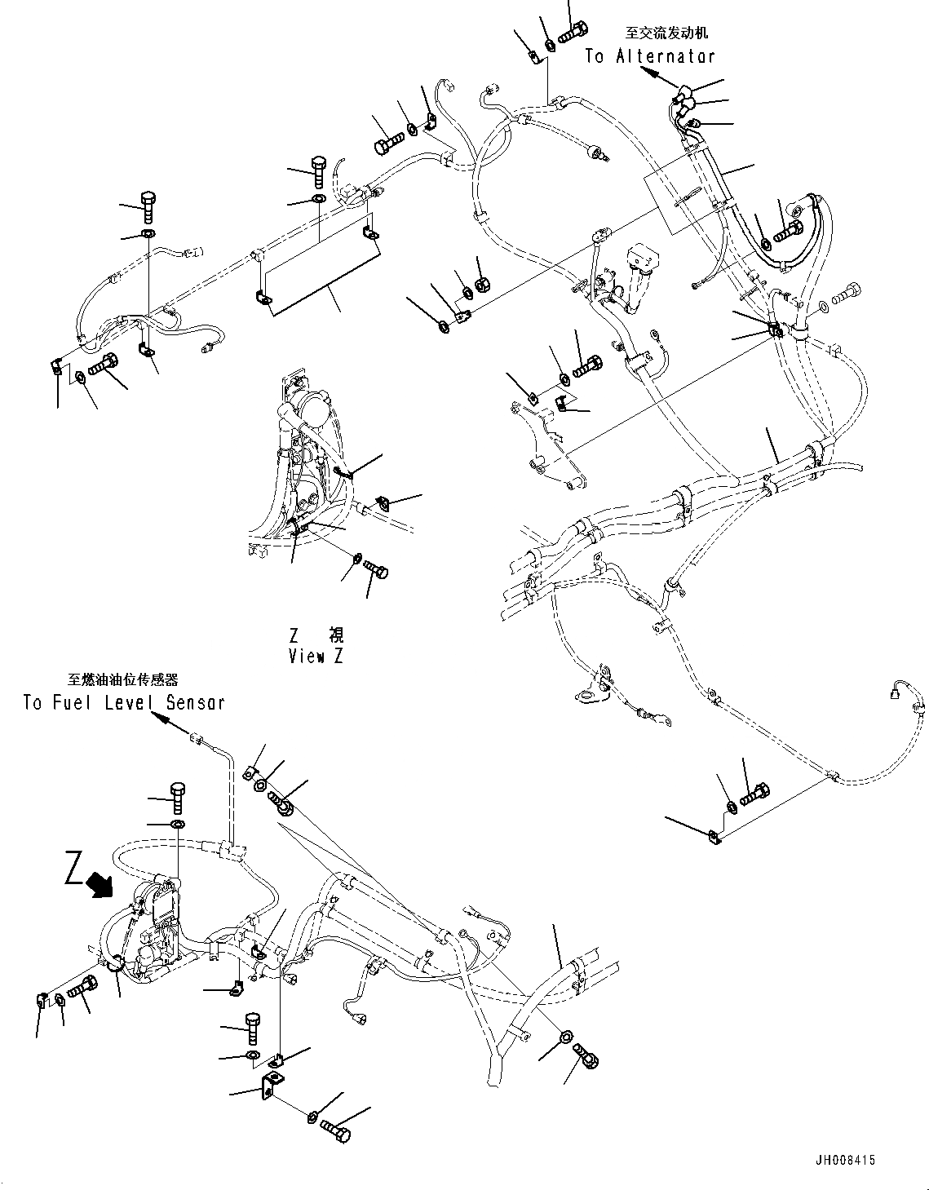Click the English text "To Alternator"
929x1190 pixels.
[x=649, y=56]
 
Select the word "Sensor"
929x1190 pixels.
[x=195, y=702]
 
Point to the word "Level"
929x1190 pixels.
[x=131, y=702]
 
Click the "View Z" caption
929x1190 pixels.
[x=316, y=656]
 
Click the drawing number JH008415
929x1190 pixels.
[x=843, y=1161]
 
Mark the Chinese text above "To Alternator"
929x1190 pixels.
[x=666, y=33]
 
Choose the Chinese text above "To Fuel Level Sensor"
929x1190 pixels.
[x=122, y=679]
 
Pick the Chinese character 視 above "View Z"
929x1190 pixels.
[x=335, y=635]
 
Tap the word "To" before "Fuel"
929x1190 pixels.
[x=33, y=702]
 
